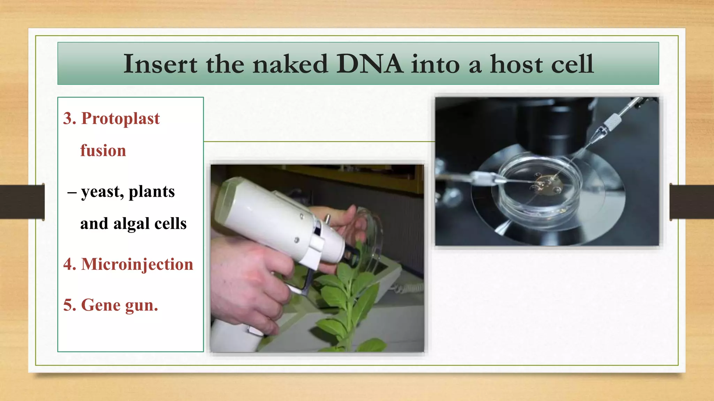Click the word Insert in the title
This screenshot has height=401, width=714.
click(x=160, y=64)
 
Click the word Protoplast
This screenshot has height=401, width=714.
click(x=120, y=118)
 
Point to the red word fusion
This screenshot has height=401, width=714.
click(x=103, y=151)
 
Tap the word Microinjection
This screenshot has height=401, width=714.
click(x=137, y=264)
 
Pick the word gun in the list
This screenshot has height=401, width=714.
click(x=141, y=306)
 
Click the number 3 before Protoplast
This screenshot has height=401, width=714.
click(x=69, y=118)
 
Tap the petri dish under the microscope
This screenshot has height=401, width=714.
click(x=540, y=188)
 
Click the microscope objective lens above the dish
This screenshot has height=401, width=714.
click(x=558, y=129)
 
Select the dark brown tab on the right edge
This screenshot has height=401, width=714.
click(x=692, y=202)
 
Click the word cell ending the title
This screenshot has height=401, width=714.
click(x=572, y=64)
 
